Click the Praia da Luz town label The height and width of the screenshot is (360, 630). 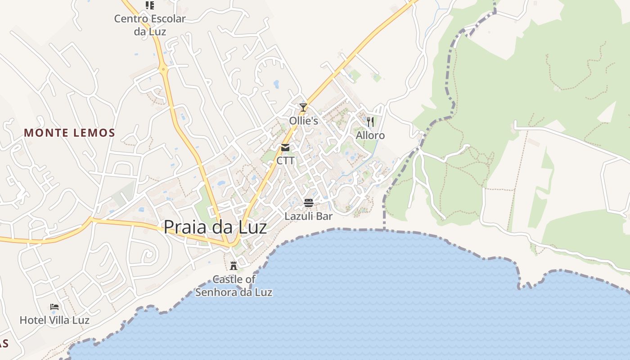pos(215,227)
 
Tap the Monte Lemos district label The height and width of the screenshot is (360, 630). pos(70,133)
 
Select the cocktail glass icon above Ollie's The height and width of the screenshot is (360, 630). pos(303,108)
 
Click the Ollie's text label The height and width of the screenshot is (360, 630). pos(303,121)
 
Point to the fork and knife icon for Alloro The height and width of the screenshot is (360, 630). pos(370,122)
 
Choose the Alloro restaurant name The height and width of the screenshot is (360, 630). pos(370,135)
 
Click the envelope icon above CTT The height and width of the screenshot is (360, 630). pos(285,148)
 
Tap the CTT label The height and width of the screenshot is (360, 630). pos(285,161)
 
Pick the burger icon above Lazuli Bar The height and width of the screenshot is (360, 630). pos(309,203)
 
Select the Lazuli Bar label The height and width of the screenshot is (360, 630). pos(309,216)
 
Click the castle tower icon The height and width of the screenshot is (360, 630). pos(234,265)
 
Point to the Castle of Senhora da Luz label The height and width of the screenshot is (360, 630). pos(234,286)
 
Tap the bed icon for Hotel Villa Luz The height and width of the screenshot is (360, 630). pos(54,307)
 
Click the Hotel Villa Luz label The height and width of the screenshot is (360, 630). pos(54,320)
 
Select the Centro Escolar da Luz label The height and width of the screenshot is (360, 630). pos(150,25)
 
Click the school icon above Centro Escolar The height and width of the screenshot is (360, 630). pos(150,5)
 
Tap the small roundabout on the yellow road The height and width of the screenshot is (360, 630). pos(163,69)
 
